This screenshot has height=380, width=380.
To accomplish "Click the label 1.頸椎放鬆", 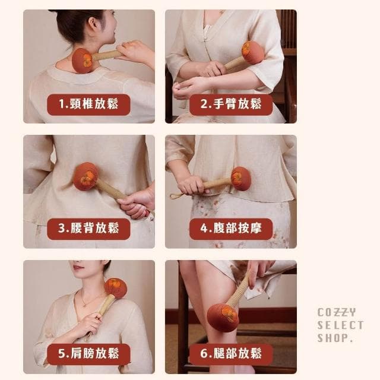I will click(x=88, y=104).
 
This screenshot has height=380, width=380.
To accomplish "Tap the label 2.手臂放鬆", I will click(x=230, y=104).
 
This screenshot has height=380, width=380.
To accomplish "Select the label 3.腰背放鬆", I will click(x=88, y=229).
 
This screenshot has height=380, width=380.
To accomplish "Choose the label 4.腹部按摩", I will click(x=230, y=229).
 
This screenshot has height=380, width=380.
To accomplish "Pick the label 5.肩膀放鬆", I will click(x=88, y=354).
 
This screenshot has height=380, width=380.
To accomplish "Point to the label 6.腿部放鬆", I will click(x=230, y=354).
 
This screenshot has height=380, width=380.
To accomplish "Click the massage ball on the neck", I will click(x=83, y=61).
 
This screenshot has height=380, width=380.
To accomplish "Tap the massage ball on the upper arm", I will click(x=253, y=52).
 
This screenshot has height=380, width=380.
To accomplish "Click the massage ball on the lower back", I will click(x=85, y=176).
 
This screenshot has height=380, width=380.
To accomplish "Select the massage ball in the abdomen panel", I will click(x=241, y=178).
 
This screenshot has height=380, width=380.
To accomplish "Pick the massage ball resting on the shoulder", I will click(x=116, y=288).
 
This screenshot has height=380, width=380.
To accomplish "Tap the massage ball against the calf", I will click(x=223, y=317).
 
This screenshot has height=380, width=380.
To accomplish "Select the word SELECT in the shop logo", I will click(x=340, y=325).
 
